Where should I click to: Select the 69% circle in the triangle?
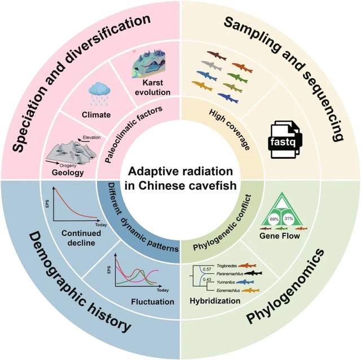click(274, 219)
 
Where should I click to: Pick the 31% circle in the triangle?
click(288, 219)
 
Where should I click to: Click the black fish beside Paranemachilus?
click(253, 273)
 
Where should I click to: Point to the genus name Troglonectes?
click(227, 266)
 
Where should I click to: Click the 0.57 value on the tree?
click(207, 269)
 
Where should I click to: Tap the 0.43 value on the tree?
click(207, 279)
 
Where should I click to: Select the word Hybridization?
click(215, 301)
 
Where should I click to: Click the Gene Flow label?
click(280, 236)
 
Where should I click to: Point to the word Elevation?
click(91, 137)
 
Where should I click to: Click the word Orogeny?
click(68, 166)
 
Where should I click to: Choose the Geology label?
click(68, 172)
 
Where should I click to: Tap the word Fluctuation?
click(153, 301)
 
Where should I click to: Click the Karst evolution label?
click(153, 87)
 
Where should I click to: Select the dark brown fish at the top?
click(217, 55)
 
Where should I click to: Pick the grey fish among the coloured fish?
click(212, 65)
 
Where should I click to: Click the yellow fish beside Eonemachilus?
click(250, 291)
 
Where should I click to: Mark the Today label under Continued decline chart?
click(101, 225)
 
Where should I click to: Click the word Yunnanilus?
click(226, 282)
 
